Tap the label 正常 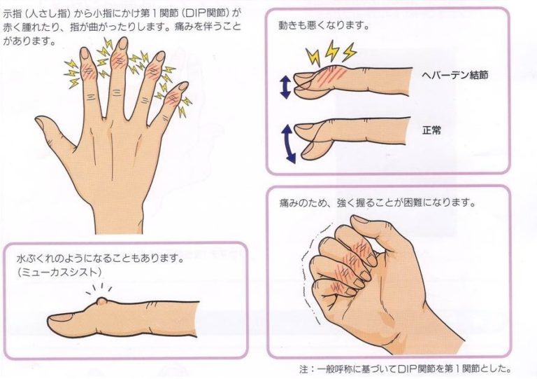pyautogui.click(x=432, y=130)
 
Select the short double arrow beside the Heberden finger pyautogui.click(x=285, y=87)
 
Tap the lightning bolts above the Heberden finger pyautogui.click(x=329, y=53)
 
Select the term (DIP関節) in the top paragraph pyautogui.click(x=210, y=12)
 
